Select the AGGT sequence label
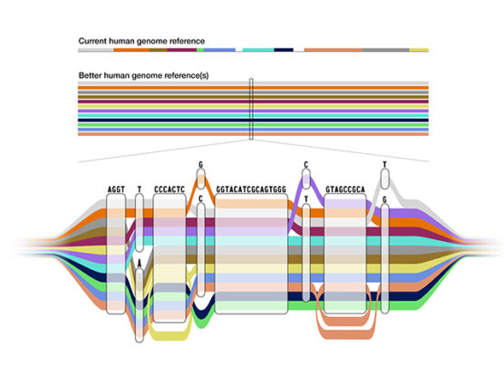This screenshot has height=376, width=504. click(116, 189)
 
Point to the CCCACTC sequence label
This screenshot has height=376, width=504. click(170, 189)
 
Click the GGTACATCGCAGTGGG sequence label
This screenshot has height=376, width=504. click(251, 189)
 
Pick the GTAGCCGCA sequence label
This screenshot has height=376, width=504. click(345, 189)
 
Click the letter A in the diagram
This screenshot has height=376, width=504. click(139, 262)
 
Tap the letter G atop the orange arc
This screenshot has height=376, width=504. click(200, 165)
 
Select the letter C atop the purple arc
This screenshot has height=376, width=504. click(306, 165)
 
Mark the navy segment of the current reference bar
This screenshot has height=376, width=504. click(284, 51)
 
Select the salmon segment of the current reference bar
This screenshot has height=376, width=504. click(333, 51)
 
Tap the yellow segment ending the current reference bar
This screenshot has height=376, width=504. click(419, 51)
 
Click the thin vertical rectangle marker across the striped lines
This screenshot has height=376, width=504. click(251, 110)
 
